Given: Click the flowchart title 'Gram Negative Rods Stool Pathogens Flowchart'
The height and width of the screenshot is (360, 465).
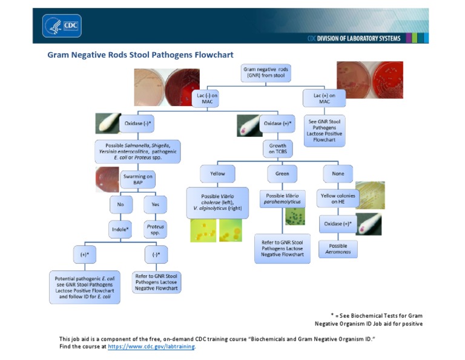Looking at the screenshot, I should click(140, 55).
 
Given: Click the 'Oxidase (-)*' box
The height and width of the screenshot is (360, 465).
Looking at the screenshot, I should click(137, 124).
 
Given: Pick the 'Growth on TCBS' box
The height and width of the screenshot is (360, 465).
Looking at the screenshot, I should click(278, 148).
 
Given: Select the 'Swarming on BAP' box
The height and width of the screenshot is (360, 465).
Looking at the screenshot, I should click(138, 179).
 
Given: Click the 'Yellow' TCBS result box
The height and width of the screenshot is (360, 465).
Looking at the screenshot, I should click(217, 174).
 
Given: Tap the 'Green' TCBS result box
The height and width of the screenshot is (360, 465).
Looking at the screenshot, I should click(282, 174).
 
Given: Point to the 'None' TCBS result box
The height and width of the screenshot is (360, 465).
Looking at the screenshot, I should click(338, 174).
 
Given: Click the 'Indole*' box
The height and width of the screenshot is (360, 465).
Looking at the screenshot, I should click(121, 230).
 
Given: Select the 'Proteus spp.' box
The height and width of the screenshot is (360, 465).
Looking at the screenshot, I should click(155, 230).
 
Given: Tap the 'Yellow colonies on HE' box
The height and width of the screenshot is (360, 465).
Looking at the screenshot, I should click(338, 199).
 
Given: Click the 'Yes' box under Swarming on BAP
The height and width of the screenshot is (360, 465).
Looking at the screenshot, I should click(155, 204).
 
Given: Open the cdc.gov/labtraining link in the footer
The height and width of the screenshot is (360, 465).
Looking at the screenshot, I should click(151, 347).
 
